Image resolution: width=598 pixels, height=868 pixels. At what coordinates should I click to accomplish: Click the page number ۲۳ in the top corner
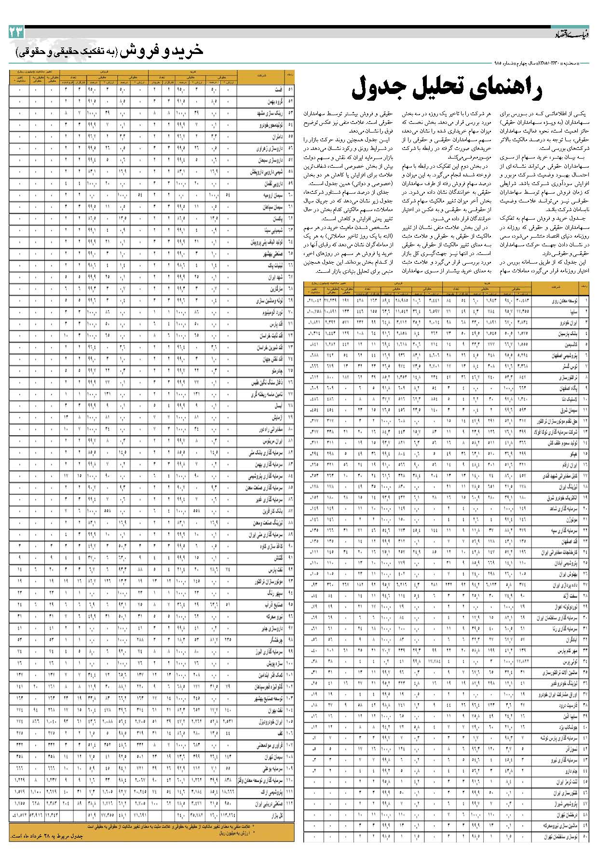(15, 33)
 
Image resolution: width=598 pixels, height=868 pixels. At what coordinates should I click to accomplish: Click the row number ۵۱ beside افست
(290, 90)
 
